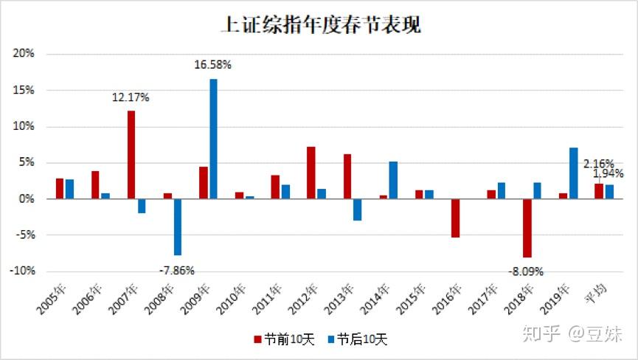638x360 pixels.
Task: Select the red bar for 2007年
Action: pyautogui.click(x=131, y=155)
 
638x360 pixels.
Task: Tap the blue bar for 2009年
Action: pyautogui.click(x=213, y=139)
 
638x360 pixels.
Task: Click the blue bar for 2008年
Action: pyautogui.click(x=178, y=226)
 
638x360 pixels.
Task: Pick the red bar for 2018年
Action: pyautogui.click(x=527, y=228)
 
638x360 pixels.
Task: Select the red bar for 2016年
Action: pyautogui.click(x=455, y=218)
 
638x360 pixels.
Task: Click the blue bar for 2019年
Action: pyautogui.click(x=572, y=173)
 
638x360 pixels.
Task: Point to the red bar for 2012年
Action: pyautogui.click(x=311, y=173)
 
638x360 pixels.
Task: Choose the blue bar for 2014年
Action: pyautogui.click(x=393, y=180)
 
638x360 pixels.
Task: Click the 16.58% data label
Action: pyautogui.click(x=213, y=65)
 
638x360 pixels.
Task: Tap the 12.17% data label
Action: pyautogui.click(x=131, y=97)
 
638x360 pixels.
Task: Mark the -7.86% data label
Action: pyautogui.click(x=177, y=270)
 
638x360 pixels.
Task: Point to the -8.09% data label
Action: pyautogui.click(x=525, y=271)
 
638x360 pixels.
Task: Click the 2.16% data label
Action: pyautogui.click(x=599, y=163)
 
